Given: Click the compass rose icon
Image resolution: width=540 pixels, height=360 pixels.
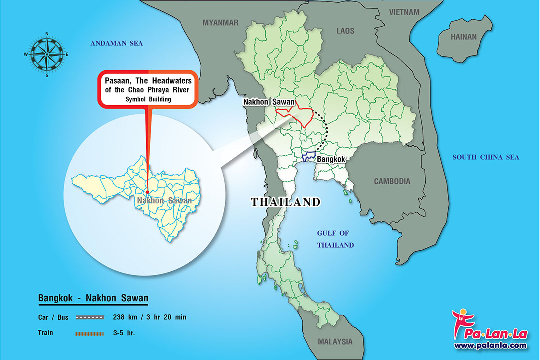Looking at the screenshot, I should click(47, 54).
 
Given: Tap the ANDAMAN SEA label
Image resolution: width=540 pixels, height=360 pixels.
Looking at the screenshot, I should click(116, 44).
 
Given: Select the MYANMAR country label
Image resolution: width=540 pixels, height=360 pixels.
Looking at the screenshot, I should click(220, 22).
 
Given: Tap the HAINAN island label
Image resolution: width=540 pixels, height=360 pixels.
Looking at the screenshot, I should click(464, 37).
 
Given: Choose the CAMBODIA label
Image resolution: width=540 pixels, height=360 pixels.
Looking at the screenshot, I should click(392, 181).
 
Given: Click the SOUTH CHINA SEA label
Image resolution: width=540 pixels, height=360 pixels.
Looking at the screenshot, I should click(486, 157).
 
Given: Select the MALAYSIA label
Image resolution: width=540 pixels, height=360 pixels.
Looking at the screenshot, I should click(335, 342).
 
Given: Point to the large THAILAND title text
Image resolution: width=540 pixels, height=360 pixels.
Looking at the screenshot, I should click(285, 202).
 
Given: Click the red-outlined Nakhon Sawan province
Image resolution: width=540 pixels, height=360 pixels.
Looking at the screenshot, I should click(295, 114).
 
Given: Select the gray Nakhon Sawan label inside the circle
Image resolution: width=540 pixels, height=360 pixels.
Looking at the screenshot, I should click(163, 201).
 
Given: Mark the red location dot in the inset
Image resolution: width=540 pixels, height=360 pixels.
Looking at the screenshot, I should click(148, 192).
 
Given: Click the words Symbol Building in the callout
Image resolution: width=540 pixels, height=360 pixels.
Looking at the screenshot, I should click(148, 99).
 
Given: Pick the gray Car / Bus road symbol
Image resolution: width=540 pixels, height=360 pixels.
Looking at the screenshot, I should click(90, 317).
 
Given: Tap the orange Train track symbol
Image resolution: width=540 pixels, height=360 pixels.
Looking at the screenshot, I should click(90, 332).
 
